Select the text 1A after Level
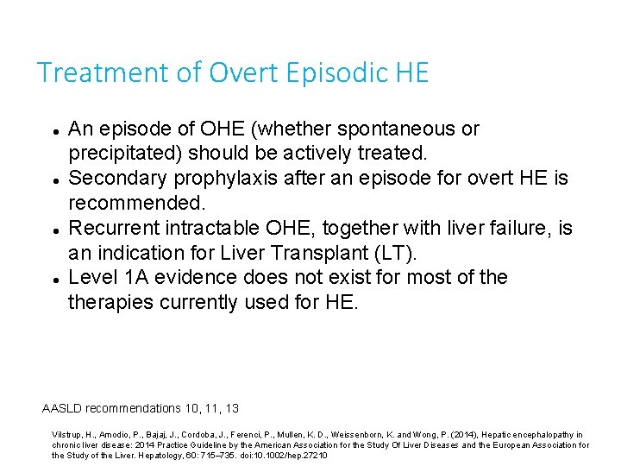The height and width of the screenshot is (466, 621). coord(138,278)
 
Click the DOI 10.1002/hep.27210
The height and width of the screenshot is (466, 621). coord(285,455)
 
